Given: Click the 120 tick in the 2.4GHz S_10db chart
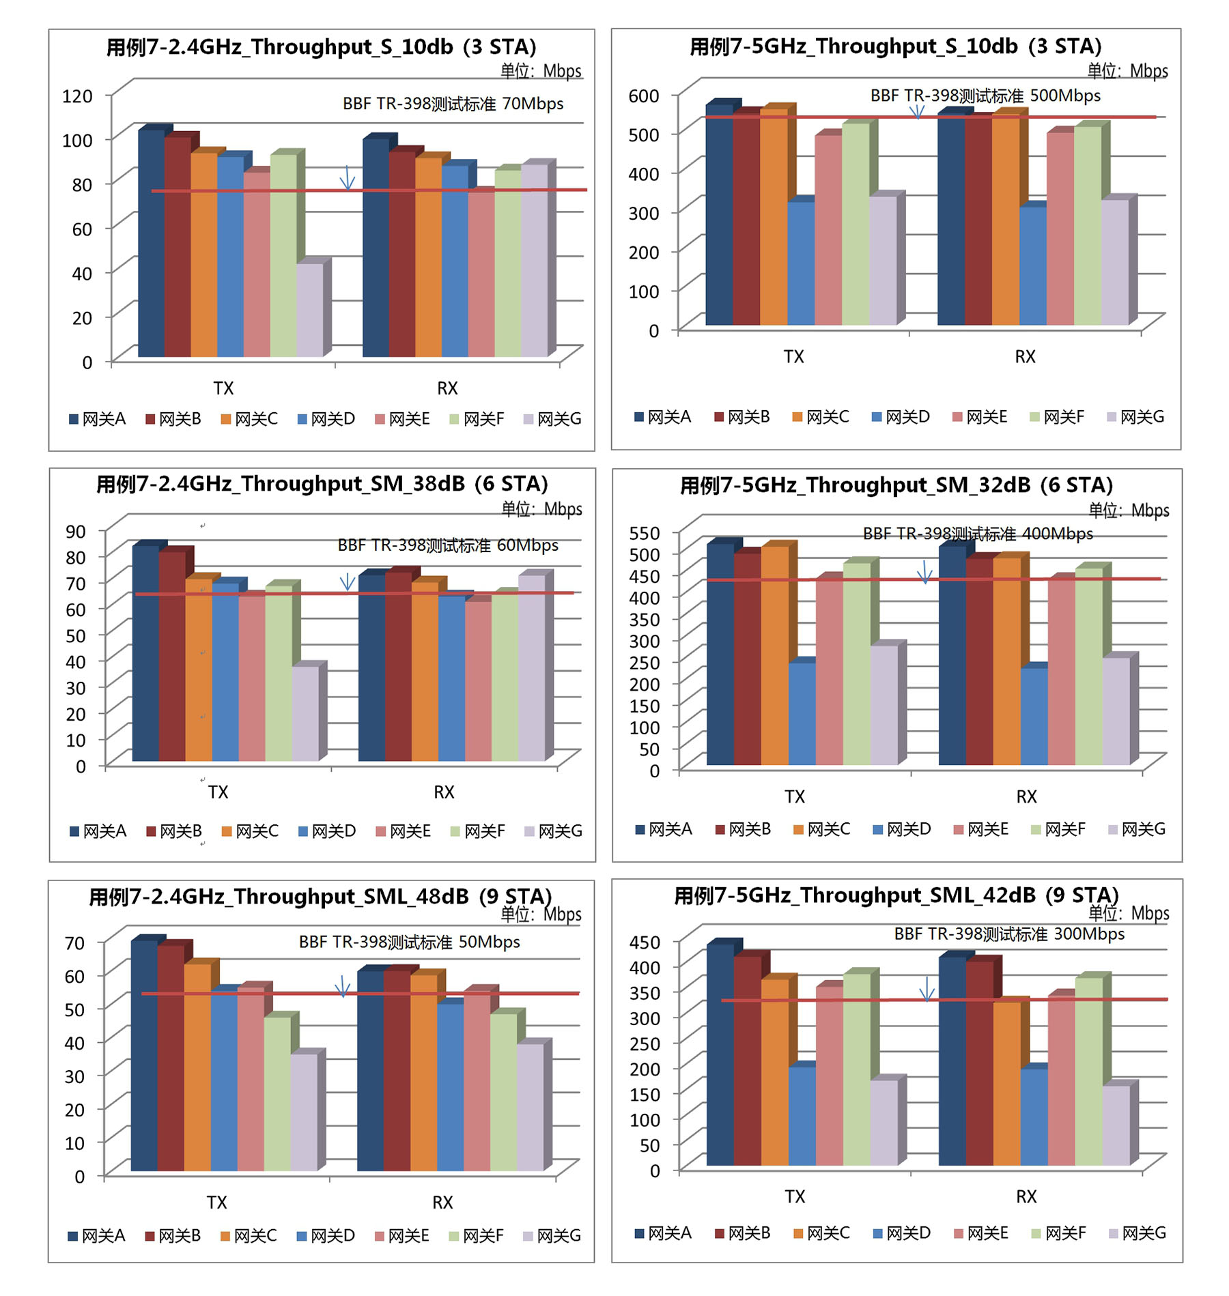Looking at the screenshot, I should click(77, 96).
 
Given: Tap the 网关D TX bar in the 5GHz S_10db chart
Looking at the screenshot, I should click(801, 263).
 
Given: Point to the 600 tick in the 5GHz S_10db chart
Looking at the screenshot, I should click(644, 96).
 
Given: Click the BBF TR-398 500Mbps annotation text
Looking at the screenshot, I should click(985, 96).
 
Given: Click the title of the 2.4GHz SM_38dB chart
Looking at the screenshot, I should click(322, 484).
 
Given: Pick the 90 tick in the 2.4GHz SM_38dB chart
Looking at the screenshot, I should click(76, 531).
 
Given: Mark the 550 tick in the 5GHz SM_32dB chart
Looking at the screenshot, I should click(645, 532).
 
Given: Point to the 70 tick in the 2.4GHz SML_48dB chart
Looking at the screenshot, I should click(75, 943).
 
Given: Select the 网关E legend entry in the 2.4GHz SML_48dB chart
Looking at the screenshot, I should click(402, 1236).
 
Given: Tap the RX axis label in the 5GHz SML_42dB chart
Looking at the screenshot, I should click(1026, 1196).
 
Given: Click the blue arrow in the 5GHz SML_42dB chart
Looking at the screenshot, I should click(927, 989).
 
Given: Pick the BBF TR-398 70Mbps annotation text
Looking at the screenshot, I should click(453, 104).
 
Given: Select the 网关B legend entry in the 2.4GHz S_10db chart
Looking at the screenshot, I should click(173, 419).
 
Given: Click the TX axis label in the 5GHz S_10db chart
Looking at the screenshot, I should click(793, 356).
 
